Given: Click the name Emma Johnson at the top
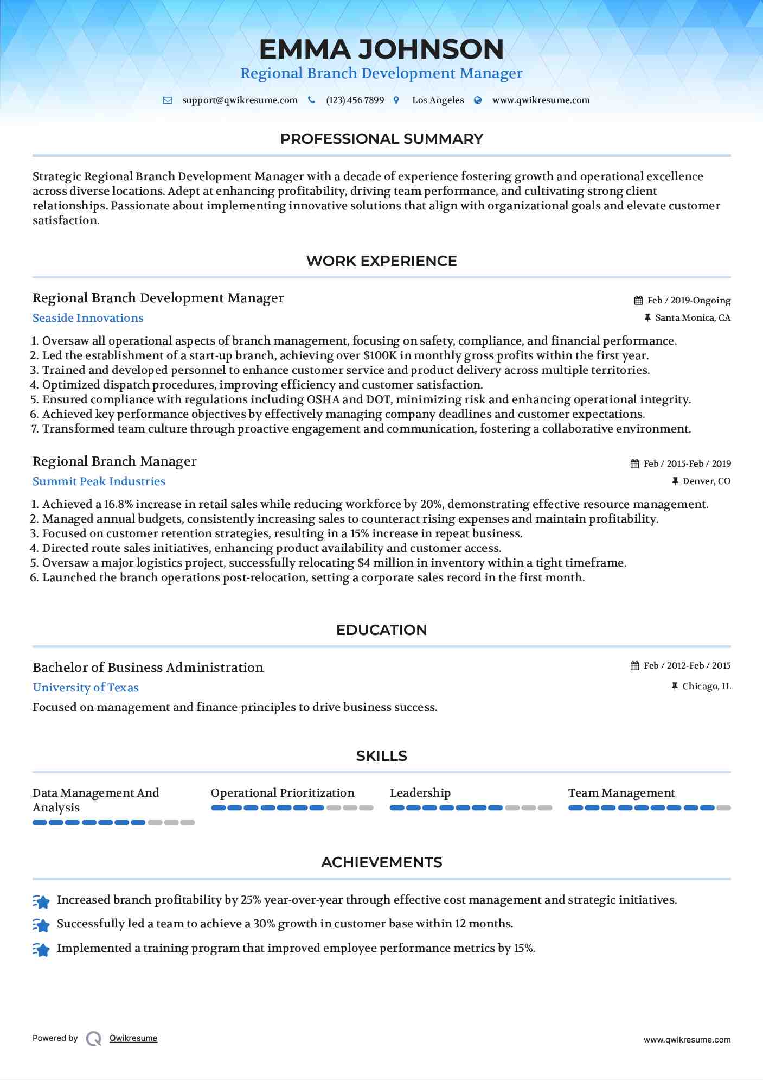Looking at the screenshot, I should coord(381,49).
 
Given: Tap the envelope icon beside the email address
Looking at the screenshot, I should coord(168,100).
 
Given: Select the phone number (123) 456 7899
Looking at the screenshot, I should coord(355,100).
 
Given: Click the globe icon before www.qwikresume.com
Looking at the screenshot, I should coord(478,100).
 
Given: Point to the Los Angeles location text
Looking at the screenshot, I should coord(438,100).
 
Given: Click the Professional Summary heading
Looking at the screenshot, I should coord(381,139).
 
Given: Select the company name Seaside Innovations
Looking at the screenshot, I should coord(88,318).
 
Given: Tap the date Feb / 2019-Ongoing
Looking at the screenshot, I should coord(689,301).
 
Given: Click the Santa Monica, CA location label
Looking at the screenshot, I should coord(693,318).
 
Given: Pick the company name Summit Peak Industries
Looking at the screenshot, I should coord(99,481).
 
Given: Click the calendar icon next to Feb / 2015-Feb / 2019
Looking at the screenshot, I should coord(635,464).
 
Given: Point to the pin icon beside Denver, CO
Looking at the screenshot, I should coord(675,481).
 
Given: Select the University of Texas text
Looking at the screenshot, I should coord(86,688).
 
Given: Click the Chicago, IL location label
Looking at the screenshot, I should coord(706,687).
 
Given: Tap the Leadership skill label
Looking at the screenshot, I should coord(420,793).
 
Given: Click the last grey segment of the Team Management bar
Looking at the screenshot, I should coord(723,808).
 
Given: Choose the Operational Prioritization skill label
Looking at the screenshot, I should coord(283,793).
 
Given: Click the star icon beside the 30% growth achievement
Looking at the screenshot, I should coord(41,924).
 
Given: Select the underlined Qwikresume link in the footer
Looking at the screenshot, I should coord(133,1038).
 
